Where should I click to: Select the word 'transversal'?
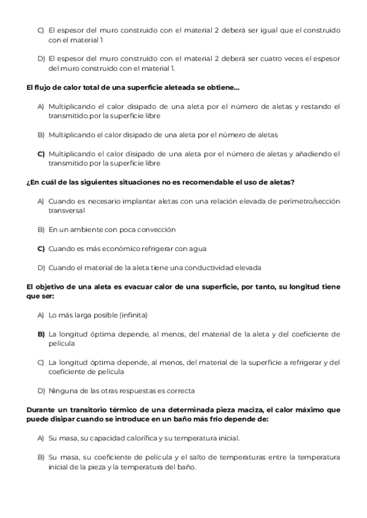click(x=67, y=210)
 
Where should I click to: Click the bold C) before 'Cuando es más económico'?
click(x=42, y=249)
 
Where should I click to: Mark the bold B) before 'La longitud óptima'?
click(x=42, y=334)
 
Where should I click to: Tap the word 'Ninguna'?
click(x=62, y=391)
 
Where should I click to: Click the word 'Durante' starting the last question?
click(x=41, y=410)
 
